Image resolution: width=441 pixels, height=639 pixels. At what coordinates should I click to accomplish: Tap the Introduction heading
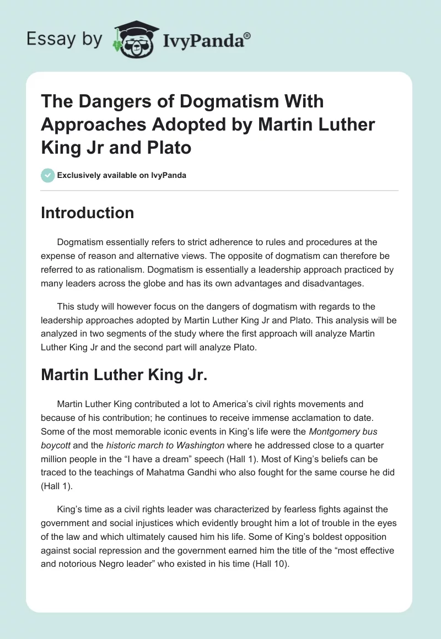(x=87, y=213)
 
